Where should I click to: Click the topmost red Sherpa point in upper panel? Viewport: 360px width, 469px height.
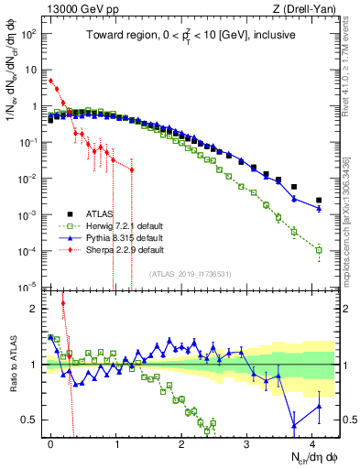51,81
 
